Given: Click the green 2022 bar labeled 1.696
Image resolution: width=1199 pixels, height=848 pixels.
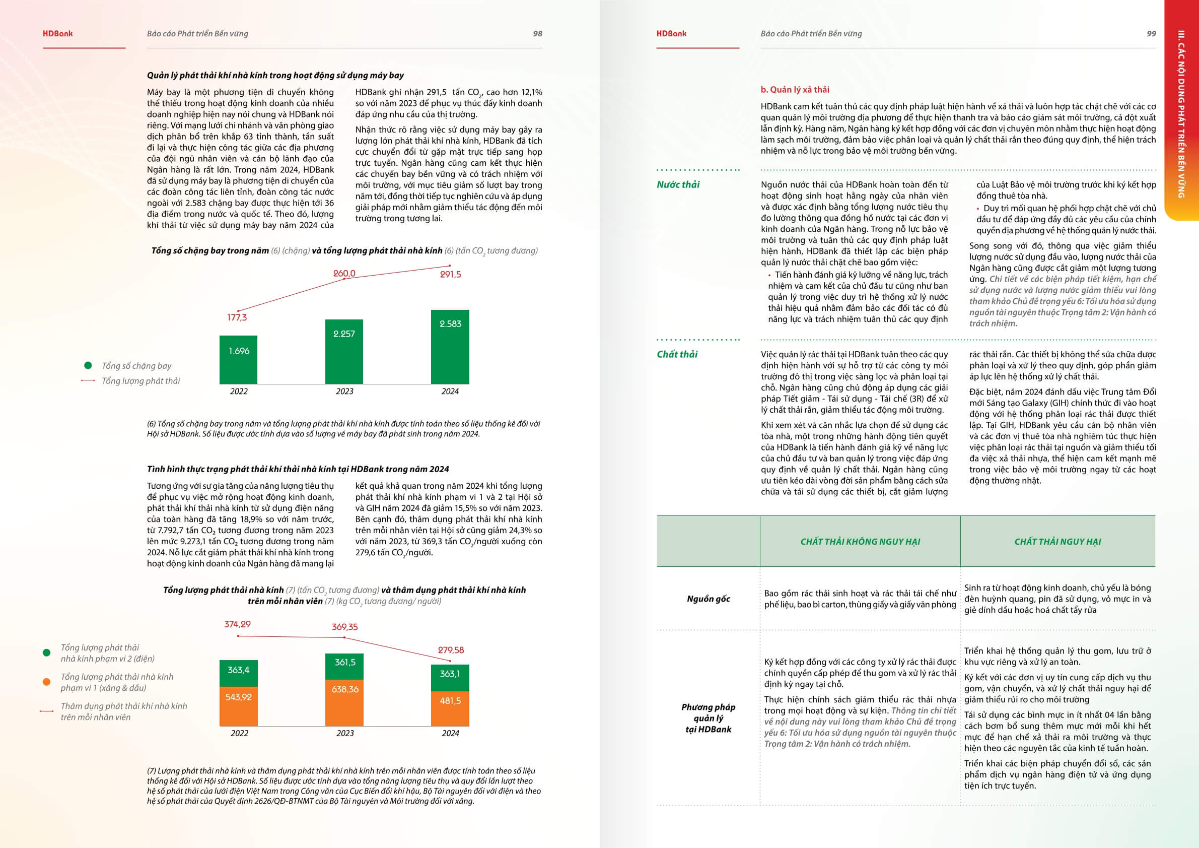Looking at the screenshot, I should point(239,359).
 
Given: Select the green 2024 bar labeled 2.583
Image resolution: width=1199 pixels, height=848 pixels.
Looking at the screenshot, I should point(450,347).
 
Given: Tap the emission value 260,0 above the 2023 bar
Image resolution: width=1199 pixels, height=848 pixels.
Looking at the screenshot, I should point(344,273).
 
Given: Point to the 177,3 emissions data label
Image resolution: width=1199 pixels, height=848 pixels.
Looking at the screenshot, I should point(237,317).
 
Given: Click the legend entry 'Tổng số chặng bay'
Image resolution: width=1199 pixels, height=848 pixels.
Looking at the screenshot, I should point(136,366).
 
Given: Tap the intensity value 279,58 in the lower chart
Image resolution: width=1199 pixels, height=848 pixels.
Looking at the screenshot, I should point(451,650).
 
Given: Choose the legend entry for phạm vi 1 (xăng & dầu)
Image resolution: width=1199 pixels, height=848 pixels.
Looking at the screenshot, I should point(116,682).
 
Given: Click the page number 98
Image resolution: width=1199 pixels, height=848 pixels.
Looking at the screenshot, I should point(537,33).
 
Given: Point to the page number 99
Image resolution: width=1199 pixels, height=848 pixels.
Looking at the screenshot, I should point(1151,33).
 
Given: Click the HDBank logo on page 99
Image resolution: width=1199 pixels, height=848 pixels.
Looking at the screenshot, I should point(671,33).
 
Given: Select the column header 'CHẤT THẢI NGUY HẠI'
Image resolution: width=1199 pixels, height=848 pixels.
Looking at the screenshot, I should point(1057,542).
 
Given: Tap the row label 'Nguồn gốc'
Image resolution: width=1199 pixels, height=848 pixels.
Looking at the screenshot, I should point(708,599).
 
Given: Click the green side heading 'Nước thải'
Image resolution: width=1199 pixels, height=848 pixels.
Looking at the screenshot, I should point(678,184).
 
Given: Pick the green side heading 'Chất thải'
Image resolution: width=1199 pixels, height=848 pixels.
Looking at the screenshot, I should point(677,354).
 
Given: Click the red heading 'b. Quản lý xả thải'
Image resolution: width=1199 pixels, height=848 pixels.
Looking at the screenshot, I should point(795,89).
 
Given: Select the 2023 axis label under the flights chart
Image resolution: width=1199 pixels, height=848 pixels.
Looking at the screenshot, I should point(344,392).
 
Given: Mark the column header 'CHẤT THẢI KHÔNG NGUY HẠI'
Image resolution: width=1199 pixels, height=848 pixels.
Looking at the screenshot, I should point(860,542).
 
